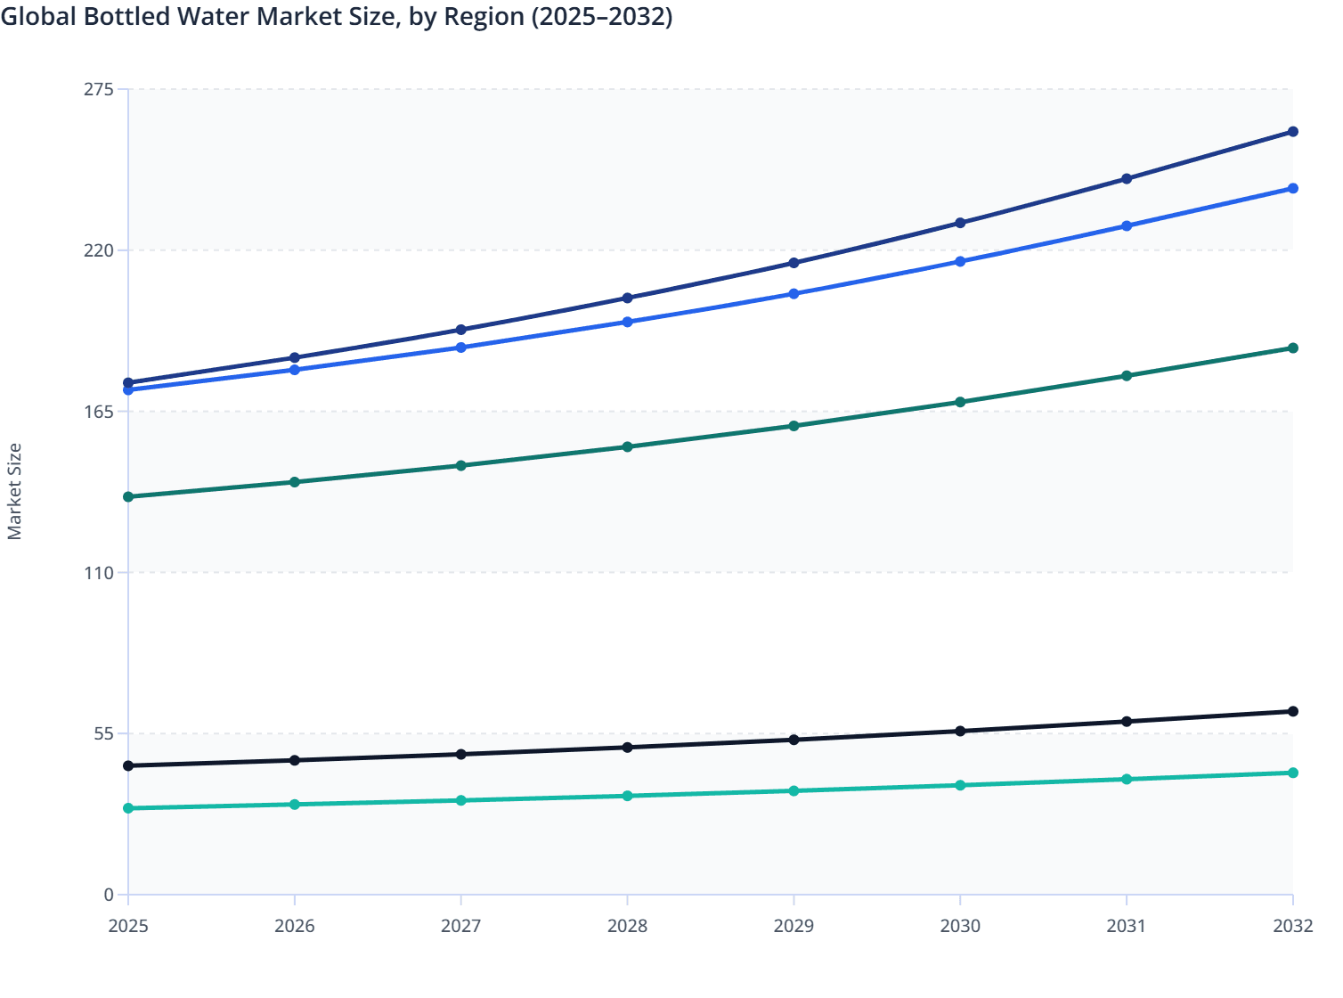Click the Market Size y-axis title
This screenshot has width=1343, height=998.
(14, 492)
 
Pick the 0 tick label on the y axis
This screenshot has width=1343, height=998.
(110, 895)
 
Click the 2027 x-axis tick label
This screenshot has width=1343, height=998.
(460, 926)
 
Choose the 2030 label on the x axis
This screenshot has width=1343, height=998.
(960, 926)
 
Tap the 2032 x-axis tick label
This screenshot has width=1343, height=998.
(1292, 926)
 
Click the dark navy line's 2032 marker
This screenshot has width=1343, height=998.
(1293, 132)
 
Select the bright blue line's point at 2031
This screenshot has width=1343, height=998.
(1127, 226)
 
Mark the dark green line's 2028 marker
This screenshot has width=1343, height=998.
(627, 447)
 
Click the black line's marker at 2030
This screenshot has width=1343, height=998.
(960, 732)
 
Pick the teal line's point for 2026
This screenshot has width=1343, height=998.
(295, 805)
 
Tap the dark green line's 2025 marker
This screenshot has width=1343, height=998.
(128, 496)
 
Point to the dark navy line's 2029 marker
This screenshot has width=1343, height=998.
(794, 263)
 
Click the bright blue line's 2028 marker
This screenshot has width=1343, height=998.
(627, 322)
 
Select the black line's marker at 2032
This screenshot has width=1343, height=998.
(1293, 711)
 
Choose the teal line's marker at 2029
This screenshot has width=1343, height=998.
(794, 791)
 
